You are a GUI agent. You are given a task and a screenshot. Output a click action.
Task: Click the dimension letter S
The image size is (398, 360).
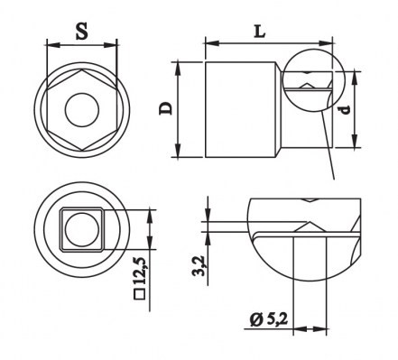(82, 30)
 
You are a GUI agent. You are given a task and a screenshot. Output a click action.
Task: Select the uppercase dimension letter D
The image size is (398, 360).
(166, 108)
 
